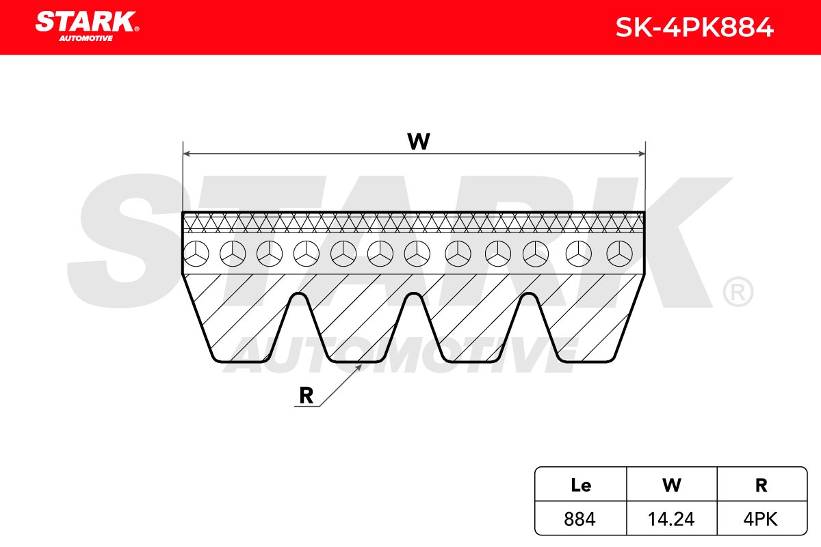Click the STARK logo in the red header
87,26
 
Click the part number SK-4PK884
694,27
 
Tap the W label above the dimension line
419,141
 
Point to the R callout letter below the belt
307,396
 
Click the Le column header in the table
581,485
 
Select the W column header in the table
671,485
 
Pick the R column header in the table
761,485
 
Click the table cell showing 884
580,519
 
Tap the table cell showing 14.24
671,519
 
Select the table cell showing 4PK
761,519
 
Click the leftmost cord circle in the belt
196,254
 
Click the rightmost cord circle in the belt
619,254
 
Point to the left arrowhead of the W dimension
186,154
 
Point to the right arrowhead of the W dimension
642,154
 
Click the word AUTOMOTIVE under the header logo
86,38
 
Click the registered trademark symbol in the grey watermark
738,292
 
